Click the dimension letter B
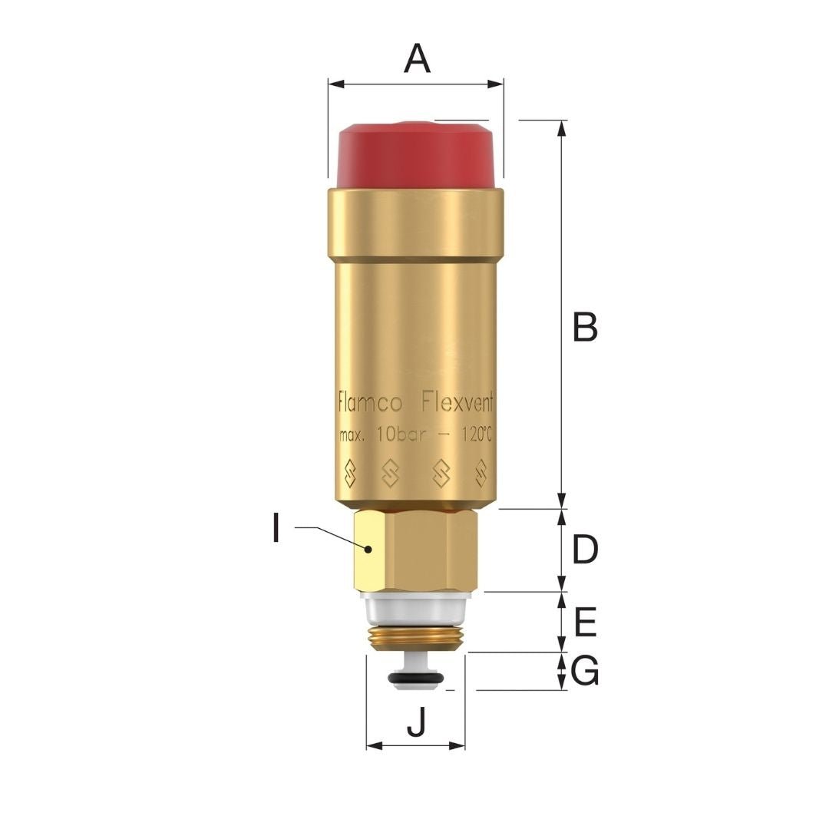pos(585,327)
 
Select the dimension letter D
pos(585,550)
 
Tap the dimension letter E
pos(585,623)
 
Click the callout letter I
pos(276,528)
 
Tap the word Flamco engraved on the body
pos(370,404)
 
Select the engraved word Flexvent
pos(457,404)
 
